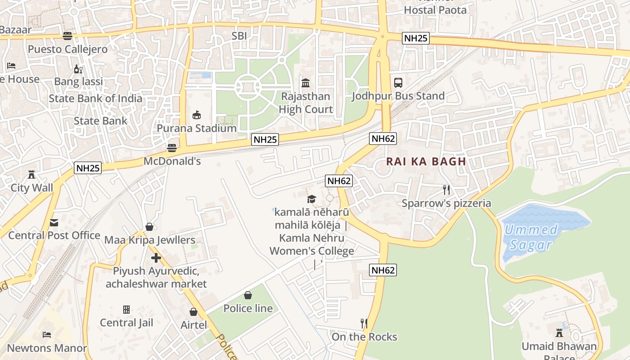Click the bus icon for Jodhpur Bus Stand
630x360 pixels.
coord(398,83)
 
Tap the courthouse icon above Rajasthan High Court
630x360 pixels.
coord(306,83)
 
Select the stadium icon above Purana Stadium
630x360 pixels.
coord(197,115)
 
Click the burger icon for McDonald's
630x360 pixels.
coord(171,148)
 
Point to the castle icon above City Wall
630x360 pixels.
coord(31,175)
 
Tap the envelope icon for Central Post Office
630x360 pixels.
coord(54,222)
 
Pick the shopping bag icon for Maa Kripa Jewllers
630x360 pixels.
coord(149,227)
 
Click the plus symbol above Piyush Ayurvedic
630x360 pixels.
coord(156,258)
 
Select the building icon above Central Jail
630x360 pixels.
coord(126,310)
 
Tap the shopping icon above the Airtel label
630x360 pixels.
coord(193,312)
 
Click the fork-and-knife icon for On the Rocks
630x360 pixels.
coord(364,324)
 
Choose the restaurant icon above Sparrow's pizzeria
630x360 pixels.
coord(446,190)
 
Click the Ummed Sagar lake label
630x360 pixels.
coord(531,237)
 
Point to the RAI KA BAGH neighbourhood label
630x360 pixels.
coord(426,162)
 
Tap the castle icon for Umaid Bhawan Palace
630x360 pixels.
coord(559,333)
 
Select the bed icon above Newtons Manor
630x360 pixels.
coord(47,335)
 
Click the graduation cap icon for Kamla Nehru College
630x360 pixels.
coord(311,199)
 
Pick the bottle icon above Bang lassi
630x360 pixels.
coord(78,69)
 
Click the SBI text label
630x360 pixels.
coord(239,36)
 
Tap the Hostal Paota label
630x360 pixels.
coord(435,10)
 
